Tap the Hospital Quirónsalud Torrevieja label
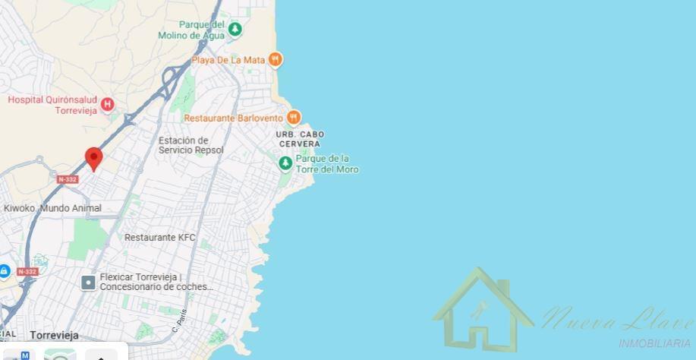[52, 105]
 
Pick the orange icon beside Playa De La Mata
[276, 58]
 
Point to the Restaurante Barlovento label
[233, 118]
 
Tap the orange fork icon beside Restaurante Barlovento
[294, 117]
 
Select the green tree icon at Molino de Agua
[235, 29]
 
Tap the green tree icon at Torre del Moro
[285, 163]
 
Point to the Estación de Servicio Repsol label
[191, 145]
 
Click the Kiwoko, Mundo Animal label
[52, 208]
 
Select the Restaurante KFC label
[159, 238]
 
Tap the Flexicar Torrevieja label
[156, 282]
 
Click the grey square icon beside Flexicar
[88, 283]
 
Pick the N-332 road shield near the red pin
[68, 179]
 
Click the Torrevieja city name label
[54, 335]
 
